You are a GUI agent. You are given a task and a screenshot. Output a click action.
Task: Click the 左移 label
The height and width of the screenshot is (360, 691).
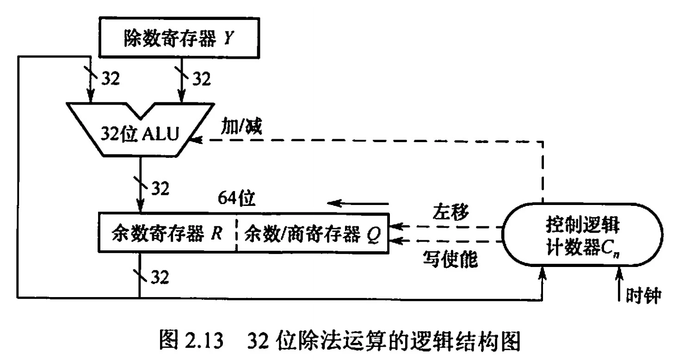click(451, 212)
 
